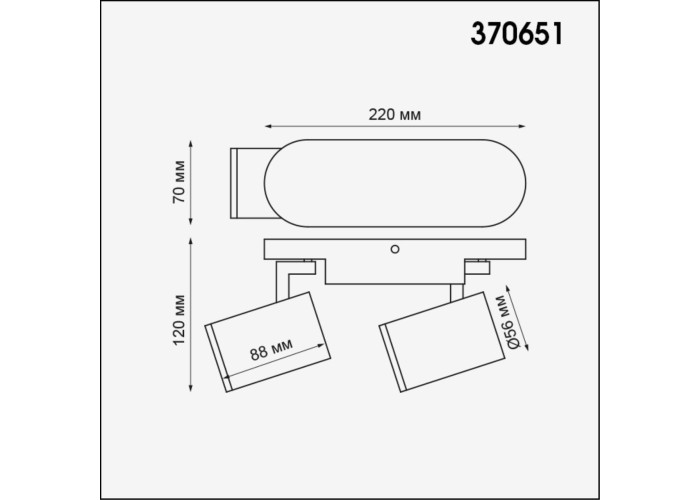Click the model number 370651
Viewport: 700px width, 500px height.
pos(517,34)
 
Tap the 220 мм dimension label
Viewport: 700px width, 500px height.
pos(395,115)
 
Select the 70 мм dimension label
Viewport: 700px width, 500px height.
pos(179,182)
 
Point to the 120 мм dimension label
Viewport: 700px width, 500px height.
pos(179,320)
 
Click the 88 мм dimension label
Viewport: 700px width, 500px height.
pos(271,349)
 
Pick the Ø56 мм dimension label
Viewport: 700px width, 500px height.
pos(505,321)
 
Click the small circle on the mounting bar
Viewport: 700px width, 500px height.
pos(395,249)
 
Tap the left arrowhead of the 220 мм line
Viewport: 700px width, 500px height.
pos(269,126)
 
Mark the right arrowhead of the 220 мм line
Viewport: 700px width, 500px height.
pos(521,126)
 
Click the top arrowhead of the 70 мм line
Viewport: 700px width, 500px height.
pos(191,144)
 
